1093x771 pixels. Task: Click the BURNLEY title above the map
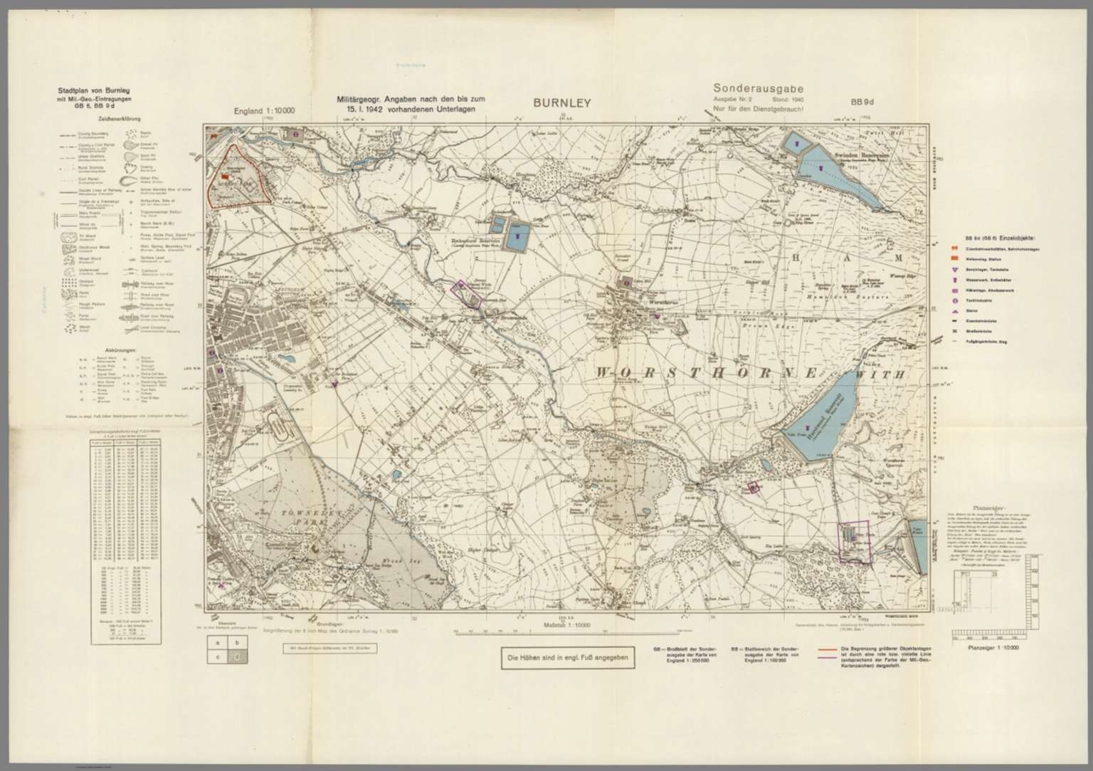562,103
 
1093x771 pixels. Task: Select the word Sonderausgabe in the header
758,89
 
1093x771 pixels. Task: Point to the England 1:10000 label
264,112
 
